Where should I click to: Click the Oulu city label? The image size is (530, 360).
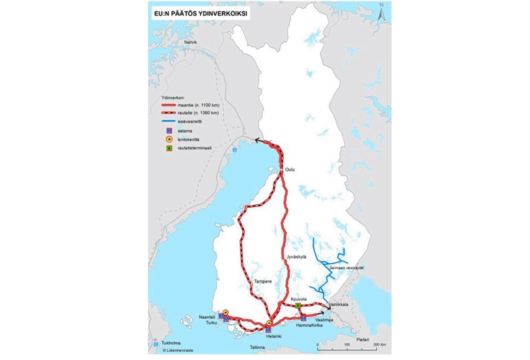[x=291, y=170]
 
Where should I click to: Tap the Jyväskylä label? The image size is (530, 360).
[x=296, y=257]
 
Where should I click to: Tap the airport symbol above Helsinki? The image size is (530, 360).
[x=269, y=323]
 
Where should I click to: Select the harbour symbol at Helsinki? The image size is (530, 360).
[x=268, y=330]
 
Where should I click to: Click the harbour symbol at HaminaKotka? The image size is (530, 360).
[x=304, y=318]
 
